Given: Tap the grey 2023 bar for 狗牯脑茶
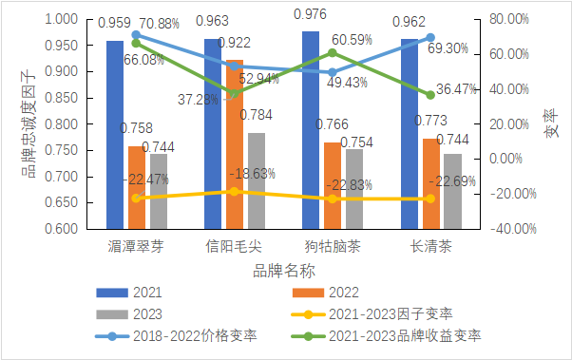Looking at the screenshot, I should click(x=353, y=189).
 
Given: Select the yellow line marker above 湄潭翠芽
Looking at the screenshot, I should click(x=136, y=198).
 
